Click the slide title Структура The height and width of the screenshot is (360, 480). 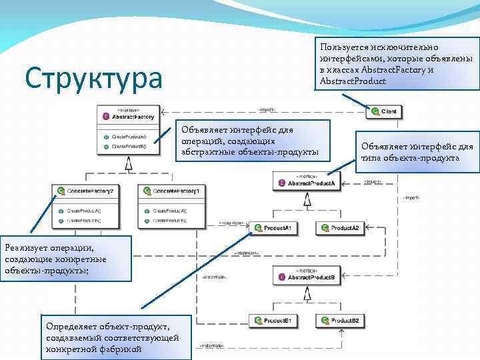(93, 78)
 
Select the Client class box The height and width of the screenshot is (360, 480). (385, 111)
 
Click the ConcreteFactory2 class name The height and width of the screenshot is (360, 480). (89, 191)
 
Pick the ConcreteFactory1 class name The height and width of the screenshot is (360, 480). (176, 191)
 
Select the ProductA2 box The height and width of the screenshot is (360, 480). (339, 228)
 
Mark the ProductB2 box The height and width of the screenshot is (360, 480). (339, 321)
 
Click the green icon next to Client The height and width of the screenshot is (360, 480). (375, 111)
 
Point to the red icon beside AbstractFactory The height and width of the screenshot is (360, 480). (106, 117)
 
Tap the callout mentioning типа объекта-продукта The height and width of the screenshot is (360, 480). (417, 152)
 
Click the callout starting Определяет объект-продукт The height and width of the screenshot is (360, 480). (114, 337)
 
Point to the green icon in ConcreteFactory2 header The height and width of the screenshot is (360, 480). (61, 191)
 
